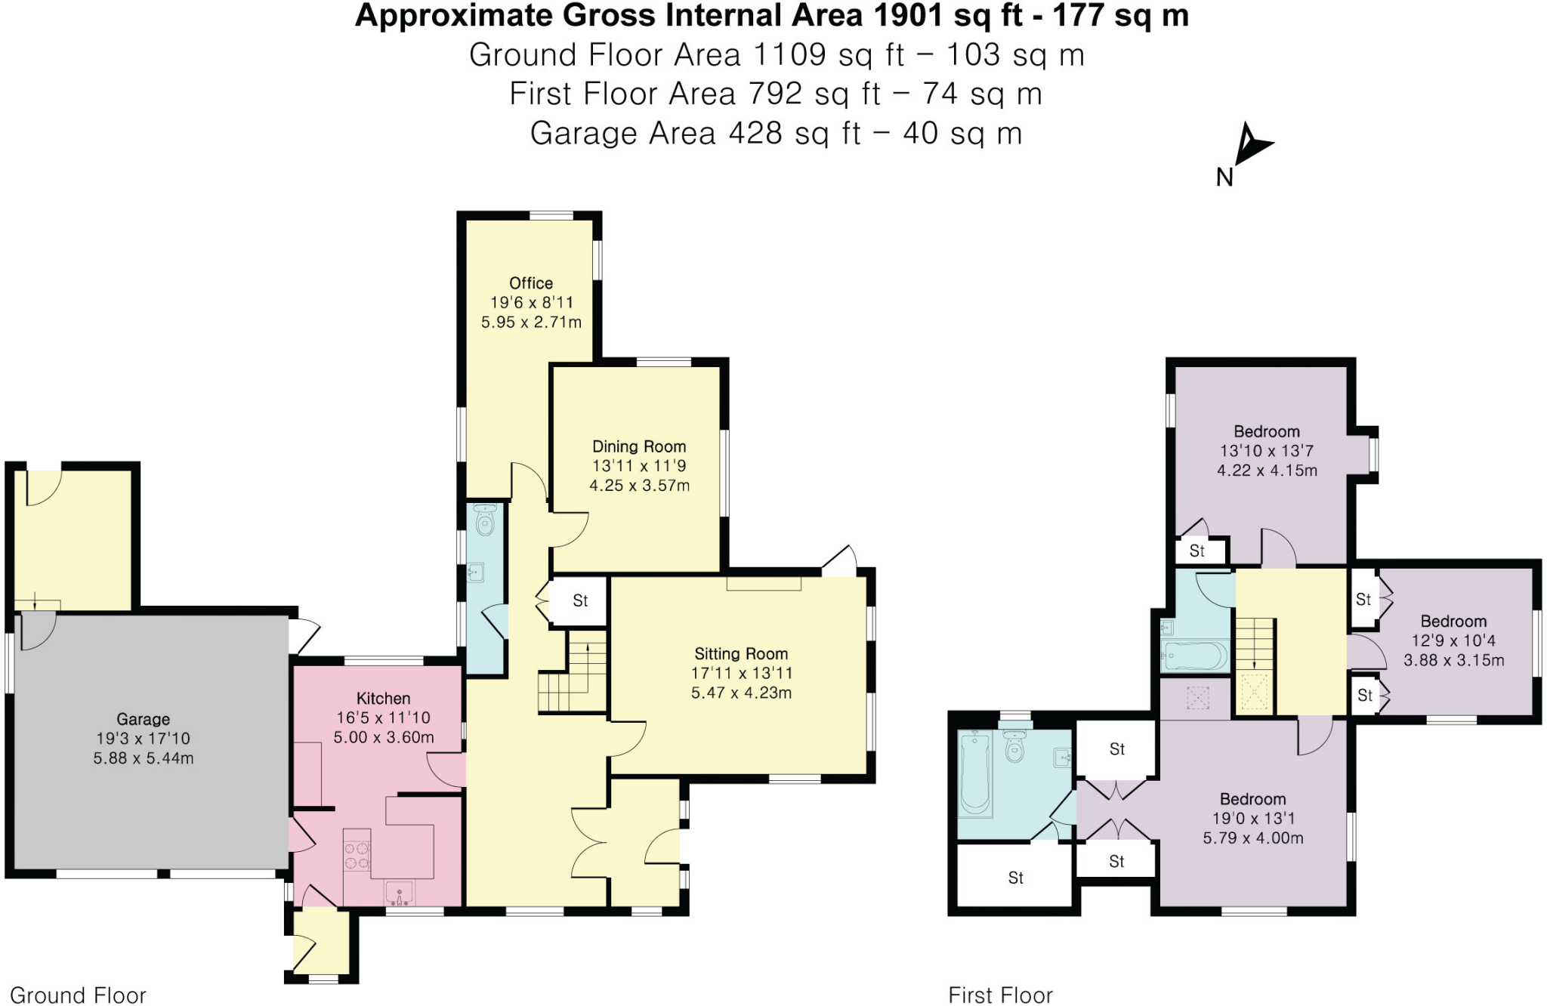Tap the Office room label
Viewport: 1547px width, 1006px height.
pyautogui.click(x=530, y=283)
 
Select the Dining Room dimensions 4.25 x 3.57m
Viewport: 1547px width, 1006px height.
pyautogui.click(x=639, y=486)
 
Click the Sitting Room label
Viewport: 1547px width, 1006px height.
pyautogui.click(x=741, y=654)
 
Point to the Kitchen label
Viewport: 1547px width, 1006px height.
pyautogui.click(x=383, y=699)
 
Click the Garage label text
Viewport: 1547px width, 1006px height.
pyautogui.click(x=143, y=719)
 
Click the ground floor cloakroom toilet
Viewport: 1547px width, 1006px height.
pyautogui.click(x=485, y=520)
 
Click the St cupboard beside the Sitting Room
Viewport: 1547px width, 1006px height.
pyautogui.click(x=579, y=601)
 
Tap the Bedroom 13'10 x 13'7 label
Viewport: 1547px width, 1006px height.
pyautogui.click(x=1267, y=432)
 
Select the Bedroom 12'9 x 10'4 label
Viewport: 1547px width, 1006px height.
pyautogui.click(x=1453, y=622)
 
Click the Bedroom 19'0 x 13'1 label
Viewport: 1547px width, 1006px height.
pyautogui.click(x=1252, y=799)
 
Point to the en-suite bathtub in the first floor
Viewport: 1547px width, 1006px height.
pyautogui.click(x=975, y=775)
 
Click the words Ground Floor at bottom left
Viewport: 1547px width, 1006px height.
pyautogui.click(x=78, y=995)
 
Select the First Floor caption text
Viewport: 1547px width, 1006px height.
pyautogui.click(x=1000, y=995)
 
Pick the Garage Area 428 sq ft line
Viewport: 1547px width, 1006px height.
pyautogui.click(x=776, y=134)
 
